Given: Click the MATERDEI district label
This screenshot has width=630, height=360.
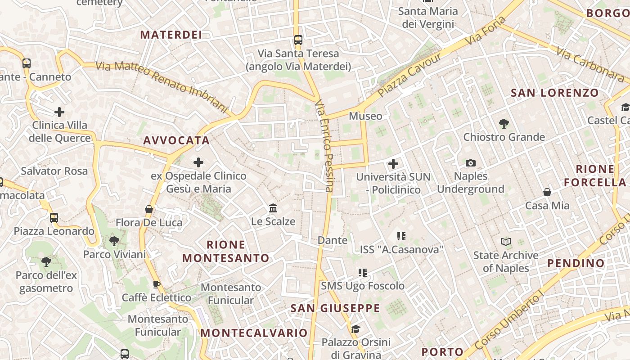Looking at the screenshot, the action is pos(171,35).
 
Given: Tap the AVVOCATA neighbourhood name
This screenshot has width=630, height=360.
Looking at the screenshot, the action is pos(177,140).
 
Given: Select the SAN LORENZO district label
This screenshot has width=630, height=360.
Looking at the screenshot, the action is pos(555,93).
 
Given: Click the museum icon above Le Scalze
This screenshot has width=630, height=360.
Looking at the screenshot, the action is pos(273,208).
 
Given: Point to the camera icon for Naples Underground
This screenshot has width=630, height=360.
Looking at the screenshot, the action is pos(471,163).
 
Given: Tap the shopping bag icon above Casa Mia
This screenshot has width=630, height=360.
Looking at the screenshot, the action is pos(547,192).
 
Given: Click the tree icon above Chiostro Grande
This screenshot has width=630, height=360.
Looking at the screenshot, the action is pos(504,123).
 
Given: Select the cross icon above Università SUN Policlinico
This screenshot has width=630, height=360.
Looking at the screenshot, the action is pos(393,164).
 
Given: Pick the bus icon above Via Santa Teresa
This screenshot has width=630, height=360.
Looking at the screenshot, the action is pos(298,40).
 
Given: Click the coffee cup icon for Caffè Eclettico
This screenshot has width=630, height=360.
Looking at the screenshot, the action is pos(156,284).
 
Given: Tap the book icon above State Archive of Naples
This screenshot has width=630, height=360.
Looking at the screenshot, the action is pos(506,242).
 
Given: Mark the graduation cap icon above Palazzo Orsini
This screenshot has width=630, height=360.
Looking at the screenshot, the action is pos(355,329).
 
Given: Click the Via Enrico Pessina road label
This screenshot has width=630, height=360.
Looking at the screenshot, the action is pos(325,146).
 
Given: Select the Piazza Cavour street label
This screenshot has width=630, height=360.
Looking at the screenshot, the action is pos(410,75).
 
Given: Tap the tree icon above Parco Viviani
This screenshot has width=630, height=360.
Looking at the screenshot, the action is pos(114,241).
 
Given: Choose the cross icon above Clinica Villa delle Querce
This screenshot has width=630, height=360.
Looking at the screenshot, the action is pos(59,112).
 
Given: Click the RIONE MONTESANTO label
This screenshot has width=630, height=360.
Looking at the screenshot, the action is pos(226,251).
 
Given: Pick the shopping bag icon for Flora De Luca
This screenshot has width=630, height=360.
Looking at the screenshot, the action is pos(149,209).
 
